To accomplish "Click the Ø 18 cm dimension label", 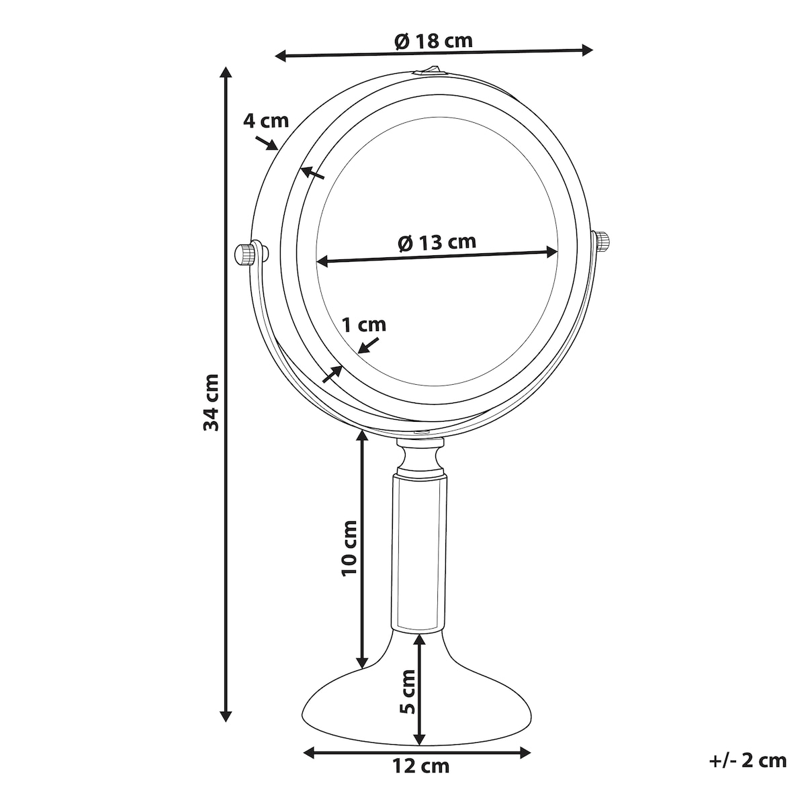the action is pyautogui.click(x=433, y=40).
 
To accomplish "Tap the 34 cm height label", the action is pyautogui.click(x=211, y=402).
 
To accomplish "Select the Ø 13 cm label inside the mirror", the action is pyautogui.click(x=437, y=242).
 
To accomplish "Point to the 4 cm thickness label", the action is pyautogui.click(x=266, y=121).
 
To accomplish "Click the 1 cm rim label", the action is pyautogui.click(x=364, y=324).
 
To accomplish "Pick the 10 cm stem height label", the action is pyautogui.click(x=350, y=548).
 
